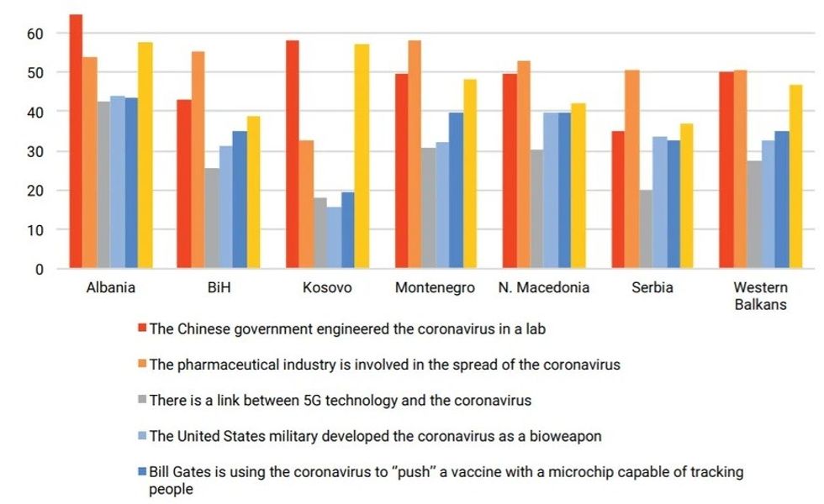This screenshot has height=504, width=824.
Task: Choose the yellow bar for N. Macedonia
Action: (578, 186)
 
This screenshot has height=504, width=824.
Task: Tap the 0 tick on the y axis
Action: (38, 269)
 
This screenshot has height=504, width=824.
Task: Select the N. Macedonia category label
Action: (543, 287)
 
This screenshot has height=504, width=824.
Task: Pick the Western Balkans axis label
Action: (760, 296)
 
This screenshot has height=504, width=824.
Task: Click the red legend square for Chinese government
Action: (142, 328)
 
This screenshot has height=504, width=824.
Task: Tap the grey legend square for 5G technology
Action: (142, 400)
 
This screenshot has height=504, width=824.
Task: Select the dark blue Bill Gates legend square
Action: (142, 472)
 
